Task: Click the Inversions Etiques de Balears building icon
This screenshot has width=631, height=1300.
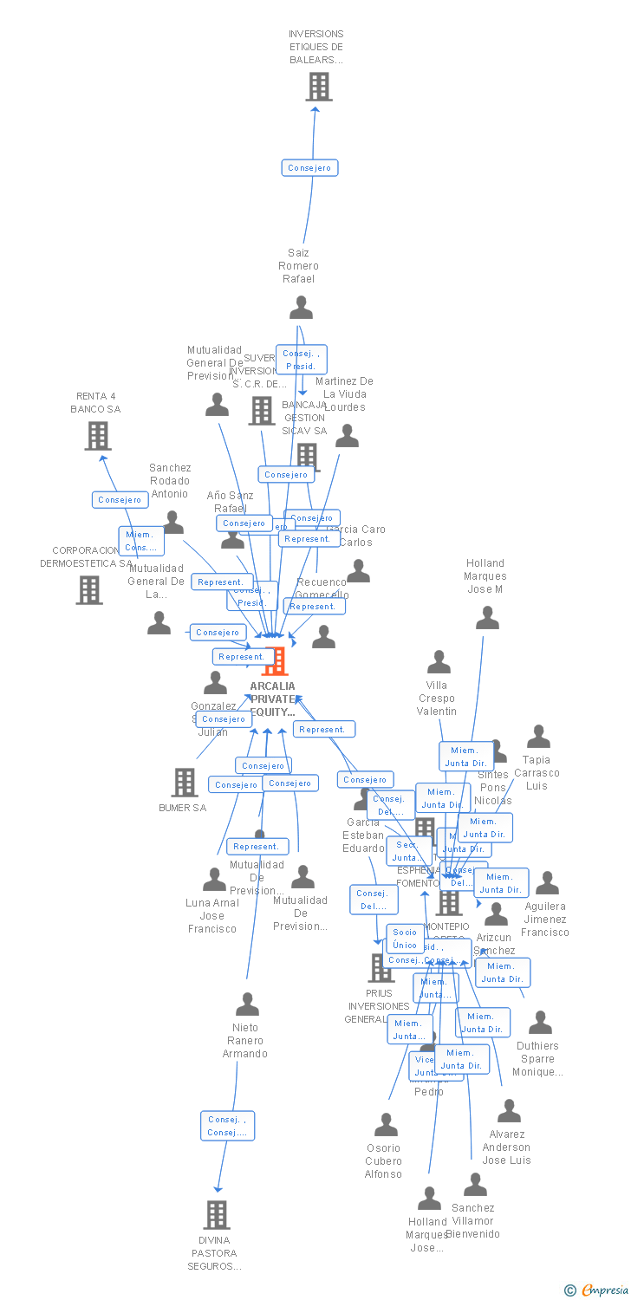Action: coord(319,87)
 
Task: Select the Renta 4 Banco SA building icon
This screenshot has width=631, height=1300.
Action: coord(98,436)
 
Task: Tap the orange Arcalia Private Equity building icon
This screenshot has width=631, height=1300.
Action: coord(275,661)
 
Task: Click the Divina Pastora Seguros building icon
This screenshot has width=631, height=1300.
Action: coord(217,1215)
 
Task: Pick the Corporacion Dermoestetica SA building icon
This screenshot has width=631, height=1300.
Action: coord(89,590)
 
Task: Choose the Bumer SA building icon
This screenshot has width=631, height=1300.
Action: coord(185,783)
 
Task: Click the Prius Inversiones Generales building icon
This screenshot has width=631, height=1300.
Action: coord(381,968)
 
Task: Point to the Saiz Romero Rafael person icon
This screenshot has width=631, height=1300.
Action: coord(301,308)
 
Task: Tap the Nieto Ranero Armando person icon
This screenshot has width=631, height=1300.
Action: coord(247,1004)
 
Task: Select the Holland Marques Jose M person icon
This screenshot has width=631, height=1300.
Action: coord(487,618)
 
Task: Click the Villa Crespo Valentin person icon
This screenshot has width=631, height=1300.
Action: coord(439,663)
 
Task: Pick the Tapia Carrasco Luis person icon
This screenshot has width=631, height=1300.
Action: coord(538,737)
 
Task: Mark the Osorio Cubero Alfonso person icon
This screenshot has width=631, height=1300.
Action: coord(386,1125)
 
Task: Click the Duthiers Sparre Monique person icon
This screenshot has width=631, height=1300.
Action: coord(540,1023)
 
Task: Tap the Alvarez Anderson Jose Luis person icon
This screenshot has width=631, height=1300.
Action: coord(509,1111)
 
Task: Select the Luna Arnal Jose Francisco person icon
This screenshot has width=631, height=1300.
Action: coord(214,880)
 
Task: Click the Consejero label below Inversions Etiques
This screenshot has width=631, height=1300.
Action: coord(309,168)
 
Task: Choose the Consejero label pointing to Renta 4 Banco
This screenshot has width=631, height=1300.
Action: coord(120,500)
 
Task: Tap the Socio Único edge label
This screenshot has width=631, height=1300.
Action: coord(405,939)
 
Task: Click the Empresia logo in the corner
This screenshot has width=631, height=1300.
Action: coord(598,1290)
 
